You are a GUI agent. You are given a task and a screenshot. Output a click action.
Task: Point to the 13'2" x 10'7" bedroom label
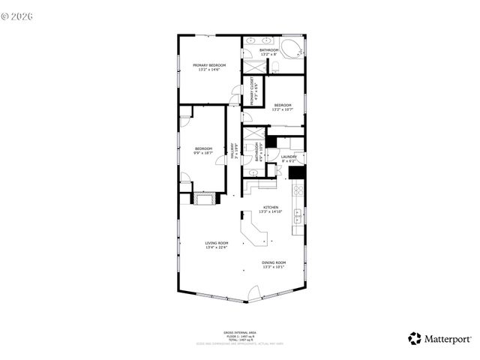point(283,106)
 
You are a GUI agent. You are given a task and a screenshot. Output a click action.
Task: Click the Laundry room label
point(289,158)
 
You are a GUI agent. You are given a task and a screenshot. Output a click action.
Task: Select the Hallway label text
point(233,148)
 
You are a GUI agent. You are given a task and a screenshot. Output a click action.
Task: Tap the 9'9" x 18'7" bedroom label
point(203,151)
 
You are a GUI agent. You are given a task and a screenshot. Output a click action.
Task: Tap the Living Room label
point(217,245)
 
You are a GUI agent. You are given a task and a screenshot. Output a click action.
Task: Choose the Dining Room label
point(273,264)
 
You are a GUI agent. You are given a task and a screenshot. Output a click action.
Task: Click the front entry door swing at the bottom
point(253,293)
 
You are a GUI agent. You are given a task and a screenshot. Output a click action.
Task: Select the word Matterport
point(446,338)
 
